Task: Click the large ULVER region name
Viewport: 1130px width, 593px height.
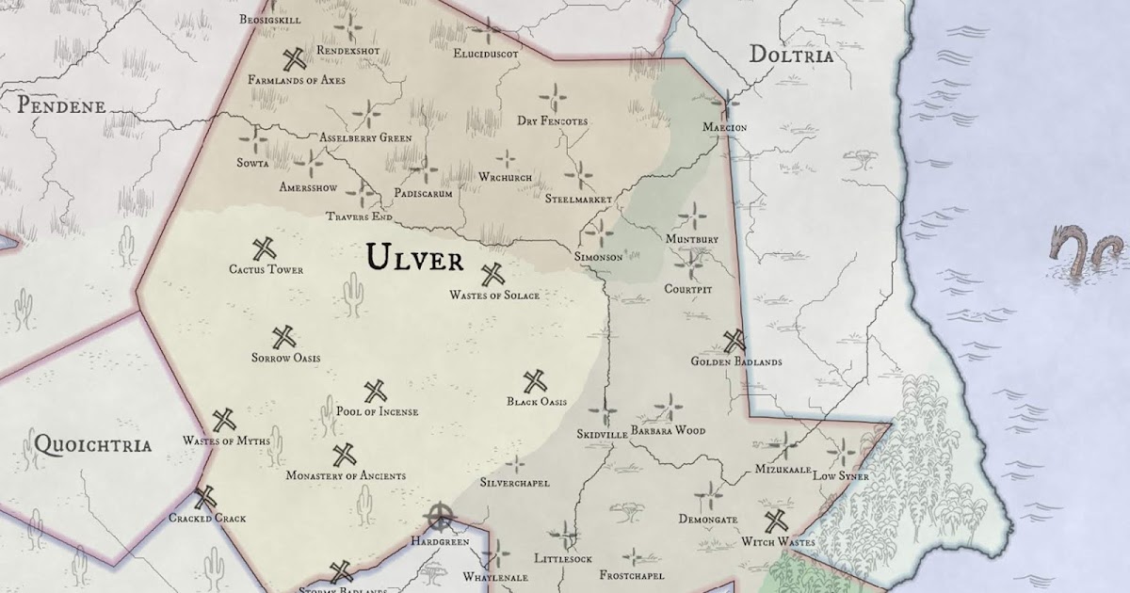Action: (414, 257)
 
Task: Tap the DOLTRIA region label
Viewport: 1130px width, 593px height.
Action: (791, 56)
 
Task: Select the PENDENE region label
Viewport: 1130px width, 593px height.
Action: (61, 105)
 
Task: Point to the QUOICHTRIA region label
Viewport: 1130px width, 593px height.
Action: (91, 444)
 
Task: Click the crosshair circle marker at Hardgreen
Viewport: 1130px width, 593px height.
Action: (439, 517)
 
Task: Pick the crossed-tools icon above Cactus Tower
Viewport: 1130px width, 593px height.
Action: (265, 249)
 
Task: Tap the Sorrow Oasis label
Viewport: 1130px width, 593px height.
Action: (285, 358)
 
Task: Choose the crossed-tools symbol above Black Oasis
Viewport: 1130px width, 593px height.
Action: (536, 381)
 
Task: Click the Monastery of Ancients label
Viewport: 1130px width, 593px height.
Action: (346, 476)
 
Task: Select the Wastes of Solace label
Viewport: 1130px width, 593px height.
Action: (493, 296)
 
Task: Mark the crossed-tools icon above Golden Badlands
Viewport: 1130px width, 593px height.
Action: (734, 341)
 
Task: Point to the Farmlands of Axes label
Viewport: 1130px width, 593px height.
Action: (297, 81)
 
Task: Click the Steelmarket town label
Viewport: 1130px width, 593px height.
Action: (578, 200)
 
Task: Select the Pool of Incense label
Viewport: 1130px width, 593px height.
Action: (377, 411)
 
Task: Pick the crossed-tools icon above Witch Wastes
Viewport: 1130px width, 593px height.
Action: (776, 521)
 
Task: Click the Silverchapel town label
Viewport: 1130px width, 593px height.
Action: (514, 483)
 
